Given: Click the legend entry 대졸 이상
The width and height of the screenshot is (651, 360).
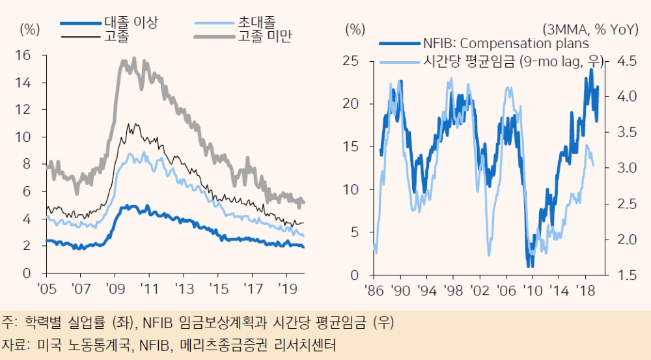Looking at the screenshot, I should [x=131, y=23].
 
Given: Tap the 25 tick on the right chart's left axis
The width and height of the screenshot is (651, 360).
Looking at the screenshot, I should [x=352, y=61].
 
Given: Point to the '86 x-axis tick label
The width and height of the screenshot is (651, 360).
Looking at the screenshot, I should [x=374, y=288].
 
